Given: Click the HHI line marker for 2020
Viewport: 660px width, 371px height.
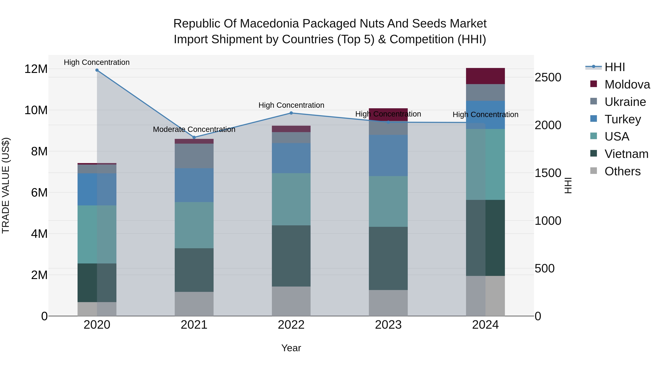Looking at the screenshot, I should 97,70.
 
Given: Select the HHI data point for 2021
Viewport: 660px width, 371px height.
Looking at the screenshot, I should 194,137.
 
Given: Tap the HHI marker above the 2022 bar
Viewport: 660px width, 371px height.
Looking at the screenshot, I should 291,113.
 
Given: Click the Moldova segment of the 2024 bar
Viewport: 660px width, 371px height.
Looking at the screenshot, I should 485,76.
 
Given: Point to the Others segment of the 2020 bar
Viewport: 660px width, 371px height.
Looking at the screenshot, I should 97,309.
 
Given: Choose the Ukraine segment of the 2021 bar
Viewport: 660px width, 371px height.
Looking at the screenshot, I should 194,156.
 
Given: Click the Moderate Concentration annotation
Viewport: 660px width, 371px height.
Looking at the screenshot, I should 194,129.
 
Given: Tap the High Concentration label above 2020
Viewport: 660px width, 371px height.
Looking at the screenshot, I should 97,62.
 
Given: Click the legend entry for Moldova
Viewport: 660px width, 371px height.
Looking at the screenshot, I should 627,84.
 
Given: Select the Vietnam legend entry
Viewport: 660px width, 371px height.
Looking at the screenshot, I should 626,154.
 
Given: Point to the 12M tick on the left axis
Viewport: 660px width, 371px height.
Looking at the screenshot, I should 36,69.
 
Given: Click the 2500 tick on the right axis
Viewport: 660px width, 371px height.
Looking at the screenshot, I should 548,77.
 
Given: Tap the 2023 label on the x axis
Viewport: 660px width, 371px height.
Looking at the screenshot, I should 388,325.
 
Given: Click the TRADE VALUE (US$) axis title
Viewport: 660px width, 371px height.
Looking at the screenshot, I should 6,185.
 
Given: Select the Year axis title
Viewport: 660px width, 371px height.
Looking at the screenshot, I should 291,348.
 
